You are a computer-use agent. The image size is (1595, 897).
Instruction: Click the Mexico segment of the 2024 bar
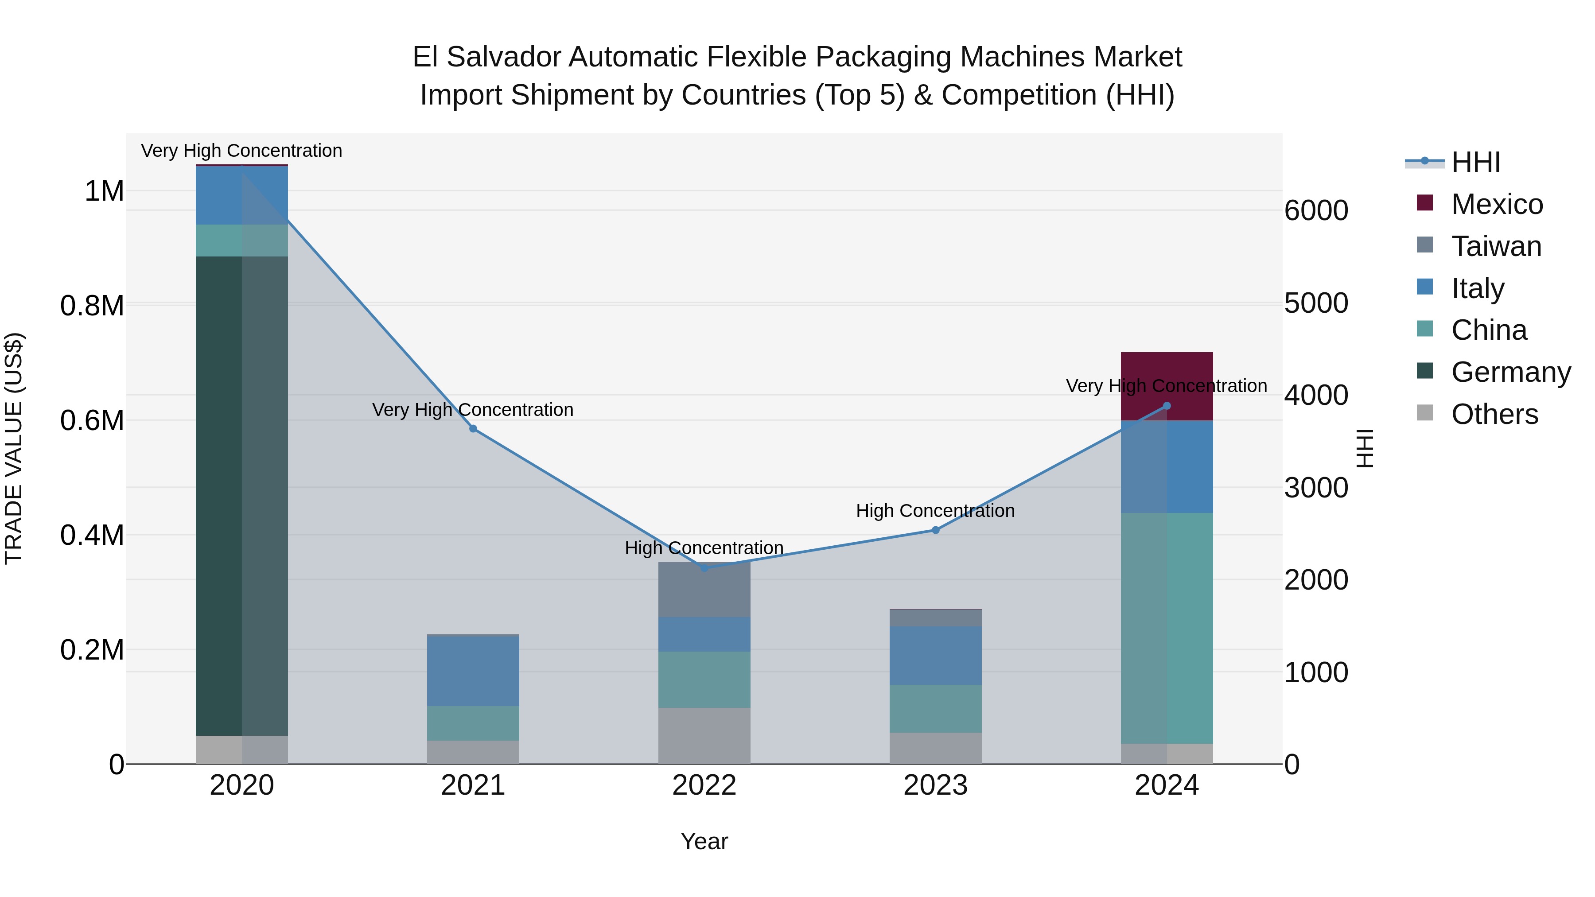coord(1167,372)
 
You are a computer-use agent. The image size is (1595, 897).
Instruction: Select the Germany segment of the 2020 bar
coord(241,495)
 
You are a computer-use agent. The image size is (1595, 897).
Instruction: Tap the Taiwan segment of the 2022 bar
coord(704,589)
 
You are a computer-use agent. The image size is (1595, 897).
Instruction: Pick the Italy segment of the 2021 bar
coord(473,671)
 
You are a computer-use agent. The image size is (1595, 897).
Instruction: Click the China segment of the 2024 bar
coord(1167,628)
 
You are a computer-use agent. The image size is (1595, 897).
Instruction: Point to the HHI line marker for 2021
coord(473,428)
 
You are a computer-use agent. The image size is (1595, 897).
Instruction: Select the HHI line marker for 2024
coord(1167,406)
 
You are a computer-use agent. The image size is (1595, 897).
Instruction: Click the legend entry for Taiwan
coord(1496,246)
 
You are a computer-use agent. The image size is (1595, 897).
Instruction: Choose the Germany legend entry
coord(1511,372)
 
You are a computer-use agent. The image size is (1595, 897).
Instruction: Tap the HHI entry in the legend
coord(1475,162)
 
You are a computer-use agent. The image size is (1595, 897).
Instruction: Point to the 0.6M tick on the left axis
coord(92,420)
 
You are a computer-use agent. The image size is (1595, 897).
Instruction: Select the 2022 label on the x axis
coord(704,785)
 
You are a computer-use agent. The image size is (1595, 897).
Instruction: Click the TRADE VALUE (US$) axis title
coord(14,448)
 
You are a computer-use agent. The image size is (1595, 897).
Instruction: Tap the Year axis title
coord(704,841)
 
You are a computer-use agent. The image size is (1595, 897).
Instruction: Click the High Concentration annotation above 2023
coord(935,511)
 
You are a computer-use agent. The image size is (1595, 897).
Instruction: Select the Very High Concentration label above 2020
coord(241,151)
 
